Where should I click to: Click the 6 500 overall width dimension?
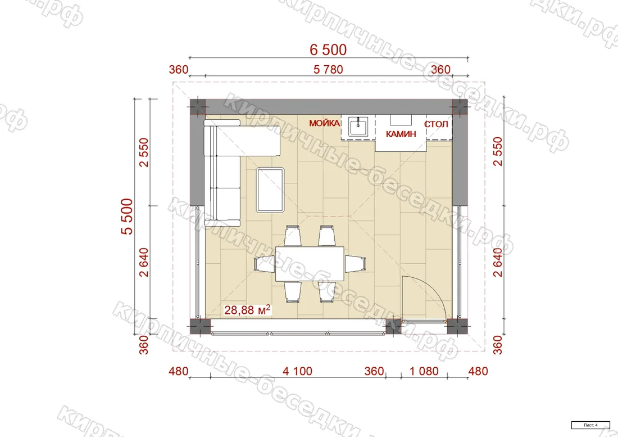pyautogui.click(x=328, y=49)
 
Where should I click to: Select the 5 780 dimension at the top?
pyautogui.click(x=328, y=69)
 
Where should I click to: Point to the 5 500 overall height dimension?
pyautogui.click(x=128, y=217)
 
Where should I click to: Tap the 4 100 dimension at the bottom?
pyautogui.click(x=297, y=371)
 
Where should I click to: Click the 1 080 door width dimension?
pyautogui.click(x=424, y=371)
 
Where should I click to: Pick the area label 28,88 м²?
pyautogui.click(x=248, y=309)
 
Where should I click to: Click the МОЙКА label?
pyautogui.click(x=324, y=123)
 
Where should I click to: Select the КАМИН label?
pyautogui.click(x=401, y=134)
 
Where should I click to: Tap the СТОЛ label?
pyautogui.click(x=437, y=124)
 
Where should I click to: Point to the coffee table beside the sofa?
pyautogui.click(x=270, y=190)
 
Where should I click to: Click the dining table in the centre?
pyautogui.click(x=310, y=264)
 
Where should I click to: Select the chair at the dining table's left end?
pyautogui.click(x=265, y=263)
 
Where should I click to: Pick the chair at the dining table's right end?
pyautogui.click(x=355, y=264)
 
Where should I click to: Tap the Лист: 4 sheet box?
pyautogui.click(x=590, y=425)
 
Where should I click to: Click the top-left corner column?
pyautogui.click(x=198, y=107)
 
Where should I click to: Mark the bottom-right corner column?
pyautogui.click(x=457, y=326)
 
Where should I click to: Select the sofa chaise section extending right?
pyautogui.click(x=260, y=141)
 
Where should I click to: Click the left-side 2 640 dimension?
pyautogui.click(x=144, y=262)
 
